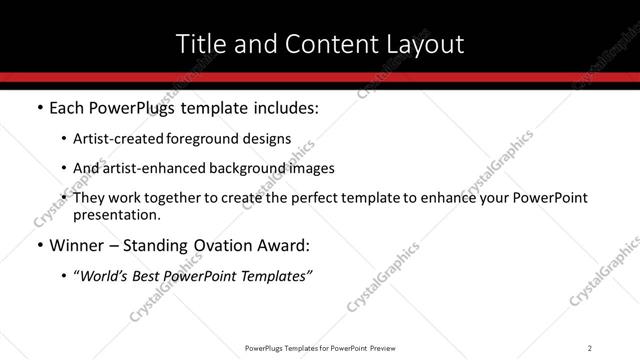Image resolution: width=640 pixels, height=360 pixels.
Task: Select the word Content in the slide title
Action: click(316, 44)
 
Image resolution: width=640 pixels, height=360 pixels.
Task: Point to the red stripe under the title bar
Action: click(320, 77)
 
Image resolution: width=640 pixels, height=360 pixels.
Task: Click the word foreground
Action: click(208, 139)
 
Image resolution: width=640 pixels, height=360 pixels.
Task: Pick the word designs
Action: click(269, 139)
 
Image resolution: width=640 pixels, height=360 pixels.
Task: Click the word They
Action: click(91, 198)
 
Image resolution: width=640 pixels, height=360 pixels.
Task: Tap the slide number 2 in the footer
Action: click(590, 347)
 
